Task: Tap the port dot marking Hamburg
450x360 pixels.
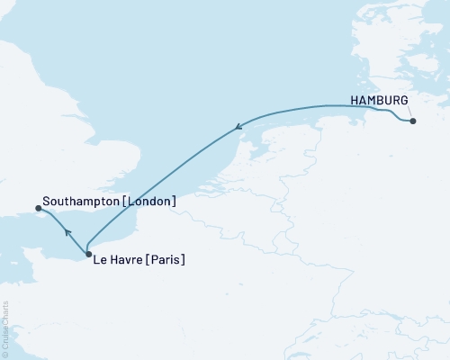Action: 413,121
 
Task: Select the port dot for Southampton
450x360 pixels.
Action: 38,209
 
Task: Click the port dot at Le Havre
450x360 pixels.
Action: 87,255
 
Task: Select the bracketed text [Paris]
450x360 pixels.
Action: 168,261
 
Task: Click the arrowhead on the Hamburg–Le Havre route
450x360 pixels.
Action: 238,128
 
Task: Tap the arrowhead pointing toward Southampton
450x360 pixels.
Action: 67,233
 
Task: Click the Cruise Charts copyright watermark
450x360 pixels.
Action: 5,328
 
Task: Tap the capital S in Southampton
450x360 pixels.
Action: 45,202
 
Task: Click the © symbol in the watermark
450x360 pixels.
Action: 5,353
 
